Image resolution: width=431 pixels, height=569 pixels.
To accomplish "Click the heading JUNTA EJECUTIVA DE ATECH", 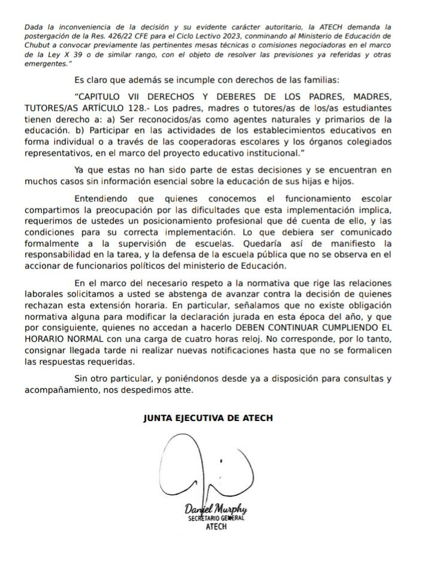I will coord(208,418).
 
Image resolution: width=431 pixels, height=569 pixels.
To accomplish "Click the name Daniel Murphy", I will coord(215,510).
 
